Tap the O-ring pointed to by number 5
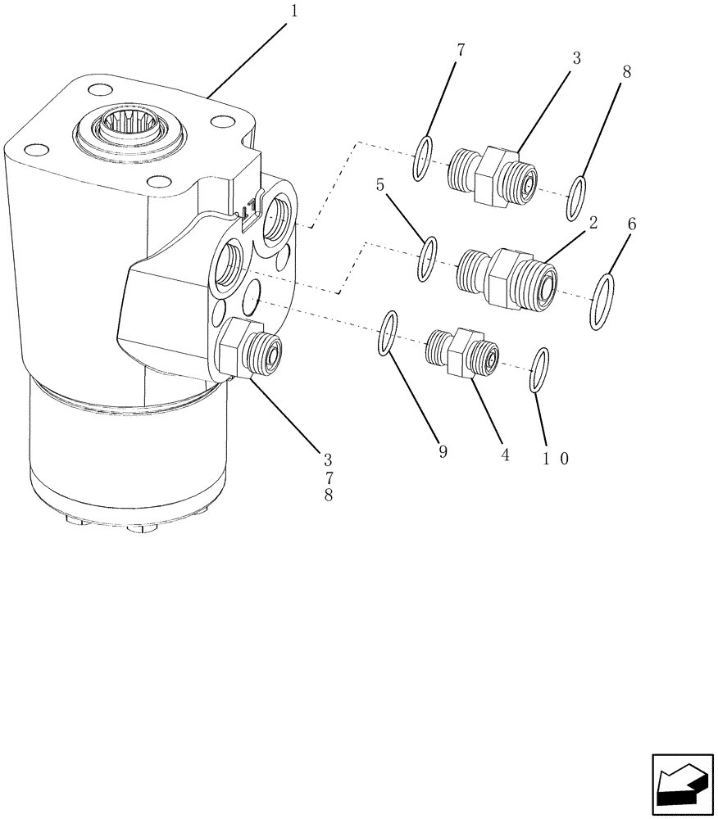[427, 259]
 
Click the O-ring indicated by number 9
[389, 334]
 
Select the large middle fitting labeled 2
[507, 278]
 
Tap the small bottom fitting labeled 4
[462, 352]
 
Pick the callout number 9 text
[443, 452]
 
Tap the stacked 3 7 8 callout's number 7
[329, 477]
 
